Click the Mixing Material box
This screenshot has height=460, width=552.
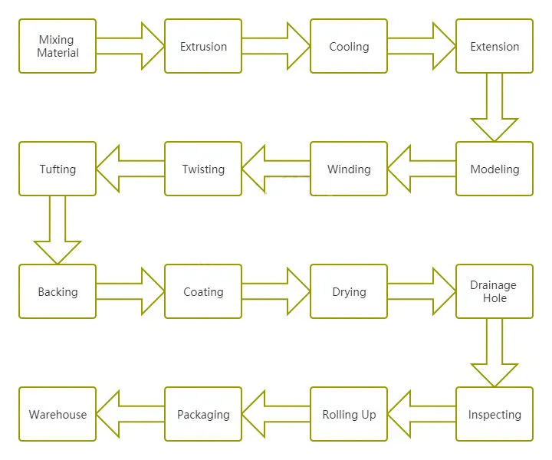pos(58,46)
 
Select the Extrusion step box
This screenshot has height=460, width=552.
pos(203,46)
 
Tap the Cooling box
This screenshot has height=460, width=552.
pos(349,46)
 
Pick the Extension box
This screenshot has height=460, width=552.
pos(495,46)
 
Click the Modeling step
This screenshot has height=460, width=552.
pos(495,169)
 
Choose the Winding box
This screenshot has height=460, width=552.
pos(349,169)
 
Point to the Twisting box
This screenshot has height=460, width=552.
pos(203,169)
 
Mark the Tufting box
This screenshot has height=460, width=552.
pos(58,169)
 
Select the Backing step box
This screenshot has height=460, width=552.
pos(58,291)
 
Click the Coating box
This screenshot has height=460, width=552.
pos(203,291)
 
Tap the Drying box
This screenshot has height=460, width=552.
pos(349,291)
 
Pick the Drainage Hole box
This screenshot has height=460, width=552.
pos(495,291)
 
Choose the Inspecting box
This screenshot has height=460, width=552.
pos(495,414)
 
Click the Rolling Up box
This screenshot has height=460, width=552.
pos(349,414)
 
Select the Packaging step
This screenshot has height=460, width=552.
pos(203,414)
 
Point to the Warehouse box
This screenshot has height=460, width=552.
pos(58,414)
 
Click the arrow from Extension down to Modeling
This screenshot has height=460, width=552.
pos(495,108)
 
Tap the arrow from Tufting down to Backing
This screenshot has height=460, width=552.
pos(58,231)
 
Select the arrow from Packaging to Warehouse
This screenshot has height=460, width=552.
pos(130,414)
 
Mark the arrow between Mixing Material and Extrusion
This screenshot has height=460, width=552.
pos(131,46)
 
